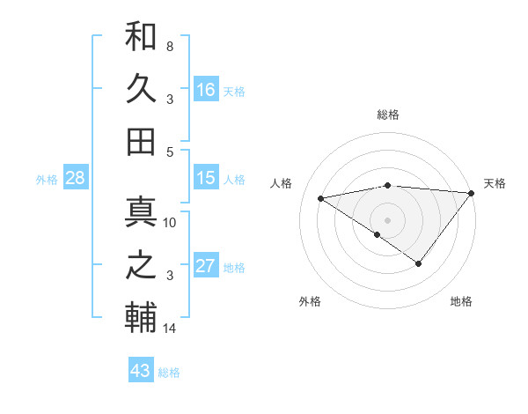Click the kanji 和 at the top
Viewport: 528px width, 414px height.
(141, 38)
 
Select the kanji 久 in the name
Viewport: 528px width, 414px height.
(141, 90)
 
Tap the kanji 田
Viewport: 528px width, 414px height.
(141, 141)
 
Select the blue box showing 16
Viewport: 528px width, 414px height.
(206, 90)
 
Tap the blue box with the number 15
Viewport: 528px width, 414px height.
(206, 178)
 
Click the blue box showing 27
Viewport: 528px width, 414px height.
(206, 266)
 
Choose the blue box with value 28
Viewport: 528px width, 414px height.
(76, 178)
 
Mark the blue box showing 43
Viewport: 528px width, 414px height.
(140, 371)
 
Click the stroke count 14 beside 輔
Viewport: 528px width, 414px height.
(170, 329)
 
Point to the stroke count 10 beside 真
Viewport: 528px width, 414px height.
(170, 223)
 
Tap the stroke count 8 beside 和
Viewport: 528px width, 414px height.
(170, 46)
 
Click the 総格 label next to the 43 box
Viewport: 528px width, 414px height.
(169, 373)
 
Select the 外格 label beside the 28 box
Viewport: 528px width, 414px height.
(47, 180)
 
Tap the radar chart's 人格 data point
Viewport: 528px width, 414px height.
(320, 197)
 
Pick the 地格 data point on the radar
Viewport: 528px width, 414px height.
(419, 263)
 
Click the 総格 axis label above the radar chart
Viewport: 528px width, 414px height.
(387, 115)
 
